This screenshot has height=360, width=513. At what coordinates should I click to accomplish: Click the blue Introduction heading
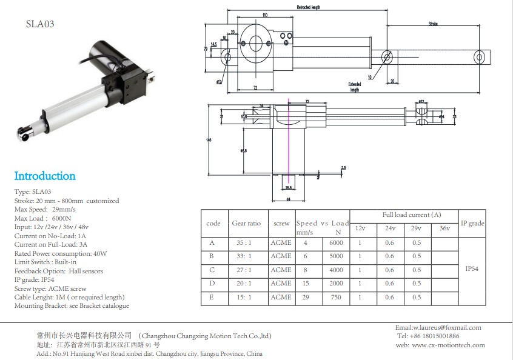45,176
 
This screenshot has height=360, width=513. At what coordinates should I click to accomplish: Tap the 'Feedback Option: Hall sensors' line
58,271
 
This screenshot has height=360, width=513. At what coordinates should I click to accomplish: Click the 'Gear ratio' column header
246,223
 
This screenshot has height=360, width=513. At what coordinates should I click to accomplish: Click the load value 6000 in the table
335,242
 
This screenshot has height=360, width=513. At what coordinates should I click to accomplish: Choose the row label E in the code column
212,298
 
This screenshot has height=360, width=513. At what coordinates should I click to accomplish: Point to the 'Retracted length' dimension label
308,7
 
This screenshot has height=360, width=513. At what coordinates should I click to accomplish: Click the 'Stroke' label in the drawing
433,24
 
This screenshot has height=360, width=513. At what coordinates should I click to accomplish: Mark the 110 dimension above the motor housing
264,15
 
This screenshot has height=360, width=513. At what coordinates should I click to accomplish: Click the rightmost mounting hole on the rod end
479,58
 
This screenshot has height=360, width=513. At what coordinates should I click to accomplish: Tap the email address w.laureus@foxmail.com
438,327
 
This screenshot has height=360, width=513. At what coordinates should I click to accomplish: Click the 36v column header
444,228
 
